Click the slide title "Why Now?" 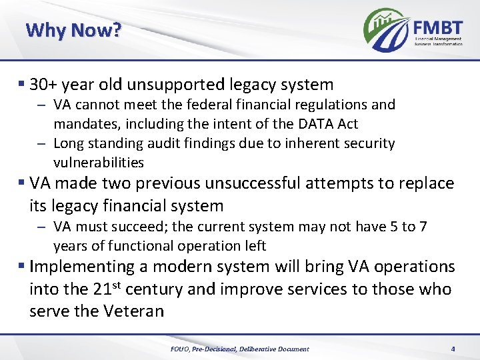73,31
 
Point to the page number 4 453,349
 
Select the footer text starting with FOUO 240,349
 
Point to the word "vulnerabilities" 99,163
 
